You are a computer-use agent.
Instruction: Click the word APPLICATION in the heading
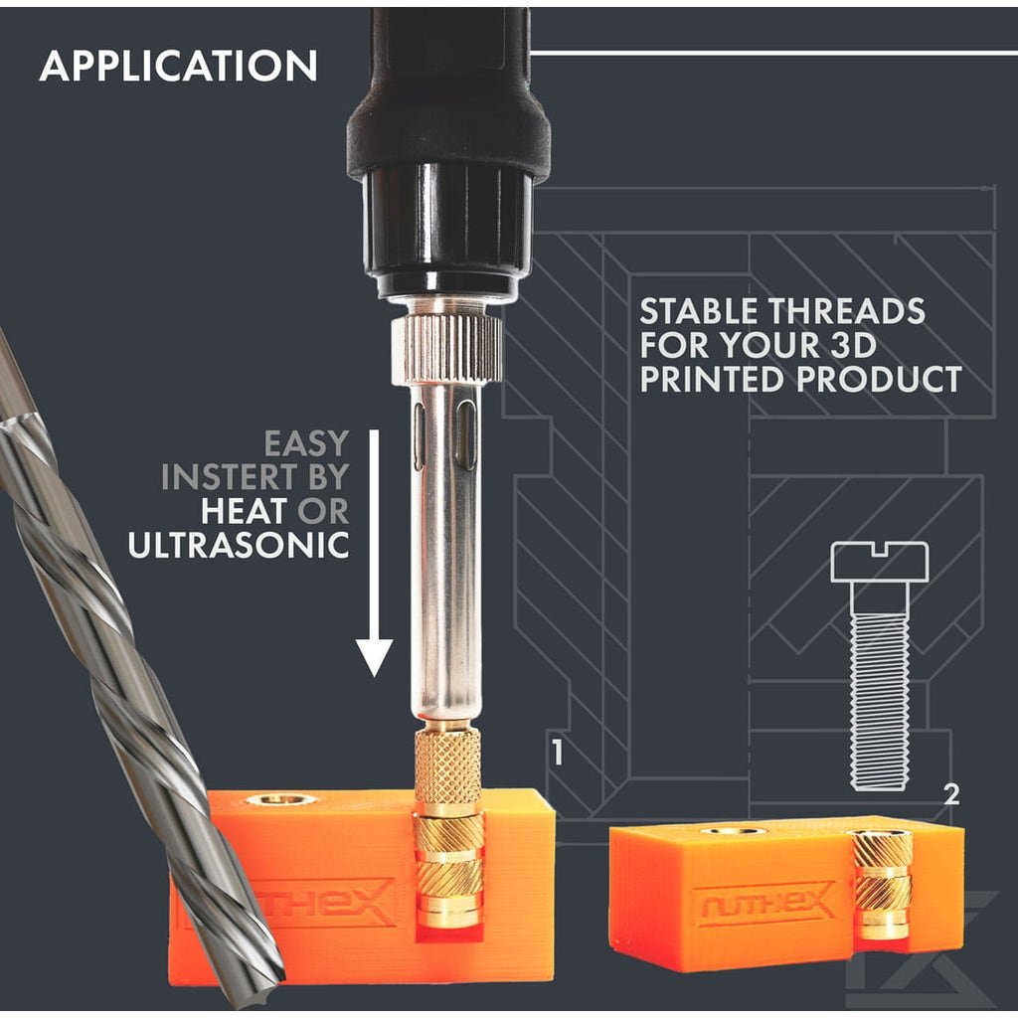179,66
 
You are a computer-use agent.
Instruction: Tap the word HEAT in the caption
245,511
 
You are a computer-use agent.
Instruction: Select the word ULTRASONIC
239,545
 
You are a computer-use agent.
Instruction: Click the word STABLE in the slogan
699,311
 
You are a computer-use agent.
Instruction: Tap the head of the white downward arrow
374,657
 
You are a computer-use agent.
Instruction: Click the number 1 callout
557,752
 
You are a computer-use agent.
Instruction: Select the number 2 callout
951,794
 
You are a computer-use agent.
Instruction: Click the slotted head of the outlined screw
880,563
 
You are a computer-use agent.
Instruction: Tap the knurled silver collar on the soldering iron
446,349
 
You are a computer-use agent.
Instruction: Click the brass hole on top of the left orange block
280,799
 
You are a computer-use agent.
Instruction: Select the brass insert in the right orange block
883,885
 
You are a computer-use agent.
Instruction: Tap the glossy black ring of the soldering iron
446,229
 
